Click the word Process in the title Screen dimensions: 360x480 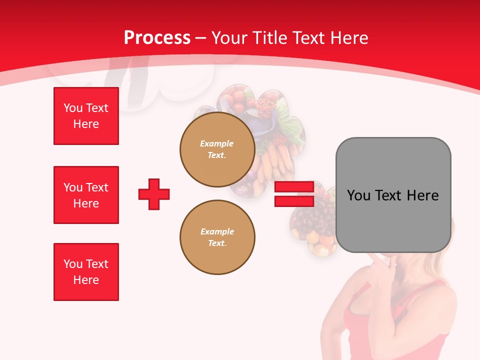pyautogui.click(x=157, y=38)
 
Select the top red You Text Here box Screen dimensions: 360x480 pyautogui.click(x=86, y=116)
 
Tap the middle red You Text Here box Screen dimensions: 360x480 pyautogui.click(x=86, y=195)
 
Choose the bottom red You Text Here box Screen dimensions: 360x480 pyautogui.click(x=86, y=272)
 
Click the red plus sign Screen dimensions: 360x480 pyautogui.click(x=154, y=194)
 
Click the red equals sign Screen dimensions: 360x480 pyautogui.click(x=294, y=194)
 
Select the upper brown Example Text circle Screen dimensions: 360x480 pyautogui.click(x=217, y=149)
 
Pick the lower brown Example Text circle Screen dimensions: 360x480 pyautogui.click(x=217, y=237)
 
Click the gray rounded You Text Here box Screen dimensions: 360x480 pyautogui.click(x=393, y=195)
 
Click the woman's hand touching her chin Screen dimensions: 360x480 pyautogui.click(x=380, y=262)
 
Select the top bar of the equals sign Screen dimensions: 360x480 pyautogui.click(x=294, y=187)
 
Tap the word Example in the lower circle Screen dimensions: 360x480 pyautogui.click(x=217, y=231)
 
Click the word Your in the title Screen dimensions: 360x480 pyautogui.click(x=230, y=38)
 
